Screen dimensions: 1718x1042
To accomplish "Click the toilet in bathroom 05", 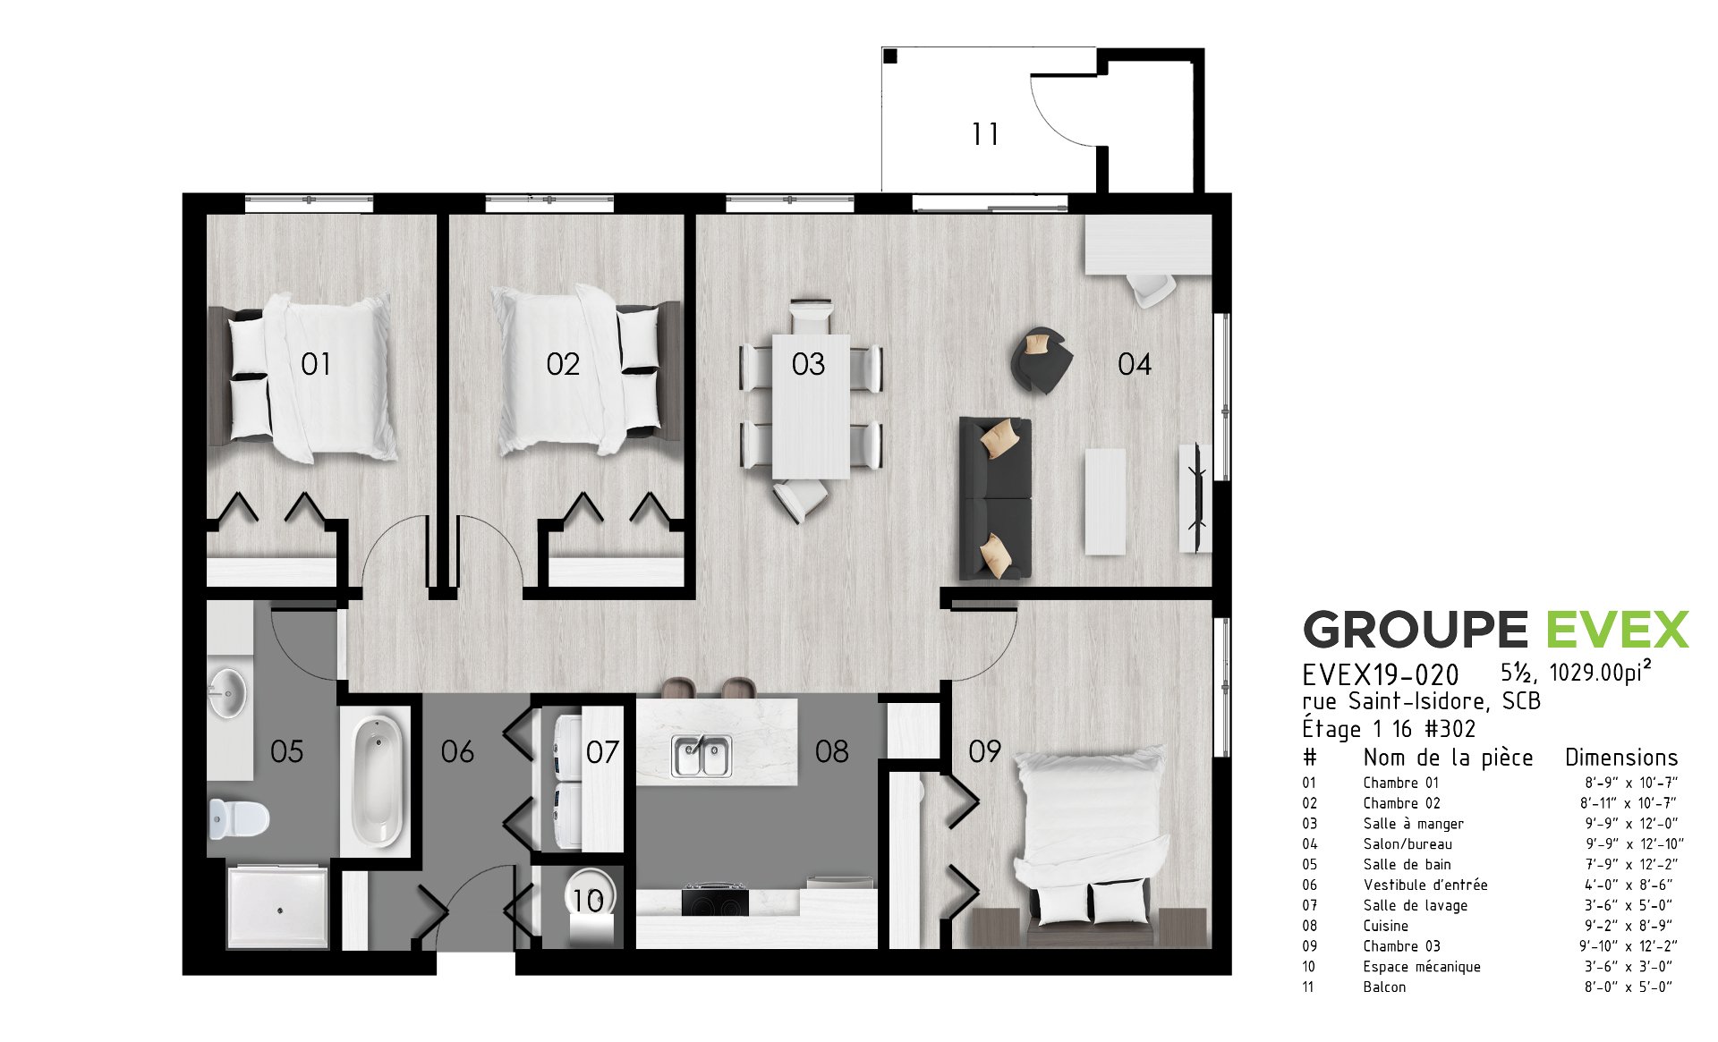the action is [239, 818].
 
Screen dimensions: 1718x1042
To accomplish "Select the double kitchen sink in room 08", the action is [702, 756].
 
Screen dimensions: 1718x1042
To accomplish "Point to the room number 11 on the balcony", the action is [985, 134].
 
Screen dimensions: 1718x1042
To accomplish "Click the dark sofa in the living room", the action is [995, 497].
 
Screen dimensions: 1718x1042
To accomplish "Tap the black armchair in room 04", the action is [1042, 360].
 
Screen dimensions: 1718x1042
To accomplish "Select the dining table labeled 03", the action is [811, 406].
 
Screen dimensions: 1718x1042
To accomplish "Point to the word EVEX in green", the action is [1618, 630].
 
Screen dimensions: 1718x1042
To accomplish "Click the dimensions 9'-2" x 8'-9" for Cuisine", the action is [1628, 926].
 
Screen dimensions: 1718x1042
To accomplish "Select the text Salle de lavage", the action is [1416, 905].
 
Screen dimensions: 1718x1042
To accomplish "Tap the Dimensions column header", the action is [1621, 758].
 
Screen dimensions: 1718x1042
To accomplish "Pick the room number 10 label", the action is [588, 901].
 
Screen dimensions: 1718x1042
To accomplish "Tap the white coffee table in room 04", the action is [1105, 501].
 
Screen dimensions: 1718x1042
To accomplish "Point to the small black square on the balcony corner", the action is [889, 56].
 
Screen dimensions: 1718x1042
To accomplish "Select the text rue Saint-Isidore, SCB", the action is [1422, 701].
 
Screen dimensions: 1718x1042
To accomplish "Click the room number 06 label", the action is [457, 751].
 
